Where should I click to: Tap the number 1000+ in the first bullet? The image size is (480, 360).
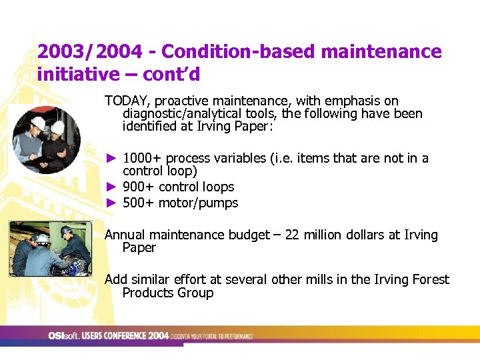142,159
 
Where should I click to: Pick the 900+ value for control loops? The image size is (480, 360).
137,187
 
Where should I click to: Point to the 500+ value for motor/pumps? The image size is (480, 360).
137,203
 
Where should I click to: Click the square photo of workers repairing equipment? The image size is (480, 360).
50,248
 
